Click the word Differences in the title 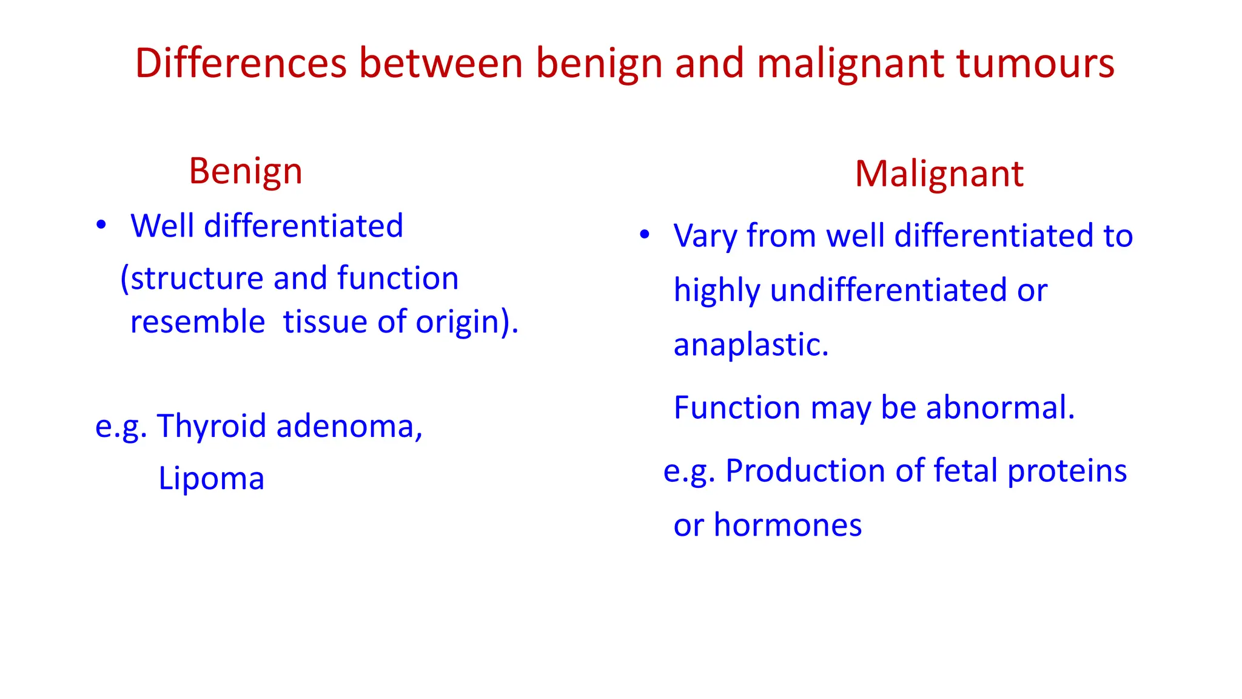(240, 63)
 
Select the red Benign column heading (245, 171)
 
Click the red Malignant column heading (939, 174)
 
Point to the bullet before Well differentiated (101, 225)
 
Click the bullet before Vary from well (644, 234)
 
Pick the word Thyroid (211, 426)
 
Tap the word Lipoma (211, 478)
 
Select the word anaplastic (750, 345)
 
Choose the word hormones (787, 525)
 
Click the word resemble (198, 322)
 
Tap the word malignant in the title (850, 63)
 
